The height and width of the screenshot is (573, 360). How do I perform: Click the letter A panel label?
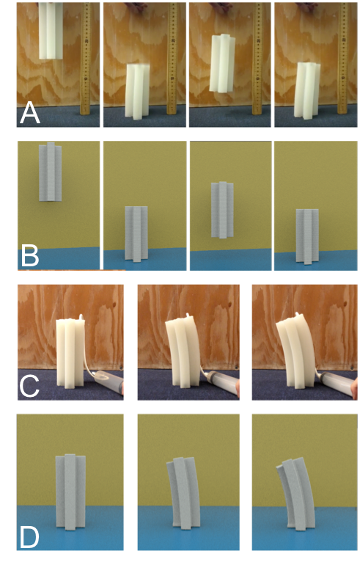[x=29, y=113]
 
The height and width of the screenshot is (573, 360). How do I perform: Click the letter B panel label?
[x=29, y=257]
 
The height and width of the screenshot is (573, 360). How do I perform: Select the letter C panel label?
[x=29, y=386]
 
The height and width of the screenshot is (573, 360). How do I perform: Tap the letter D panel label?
[x=29, y=536]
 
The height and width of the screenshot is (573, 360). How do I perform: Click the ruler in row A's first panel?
[x=87, y=59]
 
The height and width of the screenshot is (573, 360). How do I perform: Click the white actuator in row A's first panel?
[x=52, y=31]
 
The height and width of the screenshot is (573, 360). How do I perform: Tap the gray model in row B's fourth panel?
[x=307, y=236]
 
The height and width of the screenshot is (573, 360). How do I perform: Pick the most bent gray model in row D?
[x=296, y=492]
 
